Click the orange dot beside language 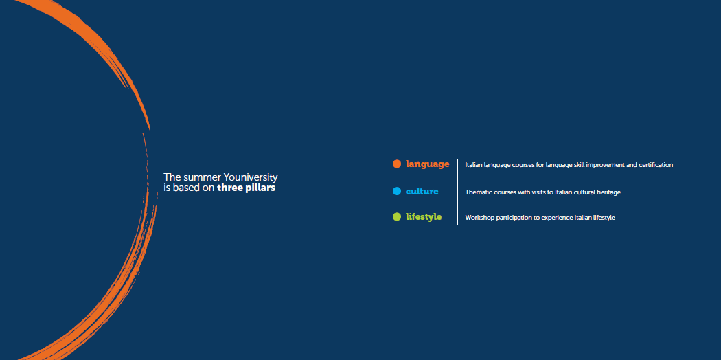click(x=397, y=164)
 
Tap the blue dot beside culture click(x=397, y=191)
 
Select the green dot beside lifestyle click(x=397, y=216)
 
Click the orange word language click(x=427, y=164)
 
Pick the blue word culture click(x=422, y=191)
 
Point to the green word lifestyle click(x=424, y=217)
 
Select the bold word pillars click(x=261, y=188)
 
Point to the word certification click(x=656, y=165)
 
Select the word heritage click(x=609, y=192)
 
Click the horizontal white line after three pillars click(x=332, y=192)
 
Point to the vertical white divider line click(x=457, y=192)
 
